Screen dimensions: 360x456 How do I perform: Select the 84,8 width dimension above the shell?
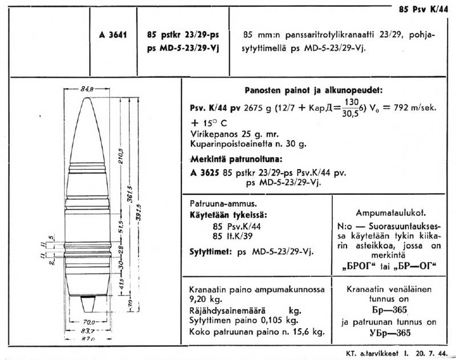pos(87,88)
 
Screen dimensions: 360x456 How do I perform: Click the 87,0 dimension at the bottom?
pos(87,338)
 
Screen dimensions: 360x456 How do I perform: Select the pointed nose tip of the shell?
pos(87,99)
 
